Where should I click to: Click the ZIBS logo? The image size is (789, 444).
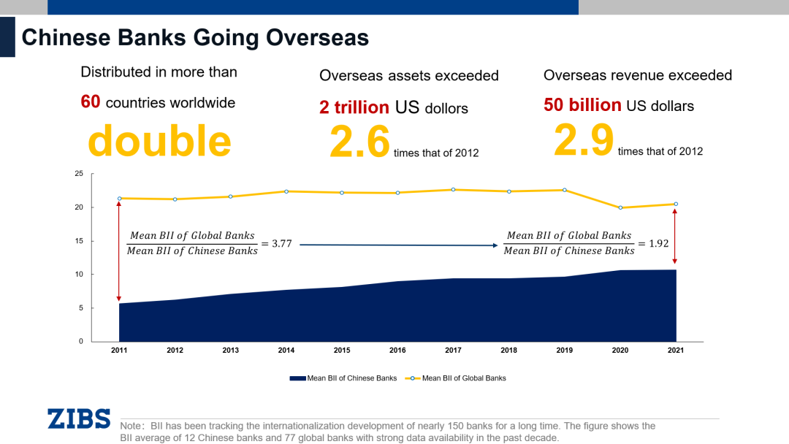pyautogui.click(x=79, y=418)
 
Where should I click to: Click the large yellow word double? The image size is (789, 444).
pyautogui.click(x=159, y=141)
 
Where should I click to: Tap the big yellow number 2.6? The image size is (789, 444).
pyautogui.click(x=359, y=141)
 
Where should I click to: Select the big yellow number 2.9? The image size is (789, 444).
pyautogui.click(x=584, y=139)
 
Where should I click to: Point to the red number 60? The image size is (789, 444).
pyautogui.click(x=91, y=102)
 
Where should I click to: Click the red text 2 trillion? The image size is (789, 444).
pyautogui.click(x=354, y=107)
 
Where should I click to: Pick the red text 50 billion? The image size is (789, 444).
pyautogui.click(x=582, y=105)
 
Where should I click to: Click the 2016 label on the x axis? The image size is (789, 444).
pyautogui.click(x=397, y=351)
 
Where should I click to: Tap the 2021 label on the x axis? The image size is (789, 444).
pyautogui.click(x=676, y=351)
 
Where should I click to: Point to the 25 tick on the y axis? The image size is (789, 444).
pyautogui.click(x=79, y=174)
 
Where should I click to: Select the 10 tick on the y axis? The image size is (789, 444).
pyautogui.click(x=79, y=275)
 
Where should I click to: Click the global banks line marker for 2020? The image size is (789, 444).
pyautogui.click(x=620, y=207)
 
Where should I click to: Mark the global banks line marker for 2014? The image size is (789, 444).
pyautogui.click(x=286, y=191)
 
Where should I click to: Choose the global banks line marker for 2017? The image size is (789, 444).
pyautogui.click(x=453, y=190)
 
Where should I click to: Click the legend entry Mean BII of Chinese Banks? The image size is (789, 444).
pyautogui.click(x=344, y=378)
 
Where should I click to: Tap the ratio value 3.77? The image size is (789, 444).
pyautogui.click(x=281, y=244)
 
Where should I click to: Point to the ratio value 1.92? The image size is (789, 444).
pyautogui.click(x=658, y=244)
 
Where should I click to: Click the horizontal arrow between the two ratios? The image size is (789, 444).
pyautogui.click(x=399, y=245)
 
